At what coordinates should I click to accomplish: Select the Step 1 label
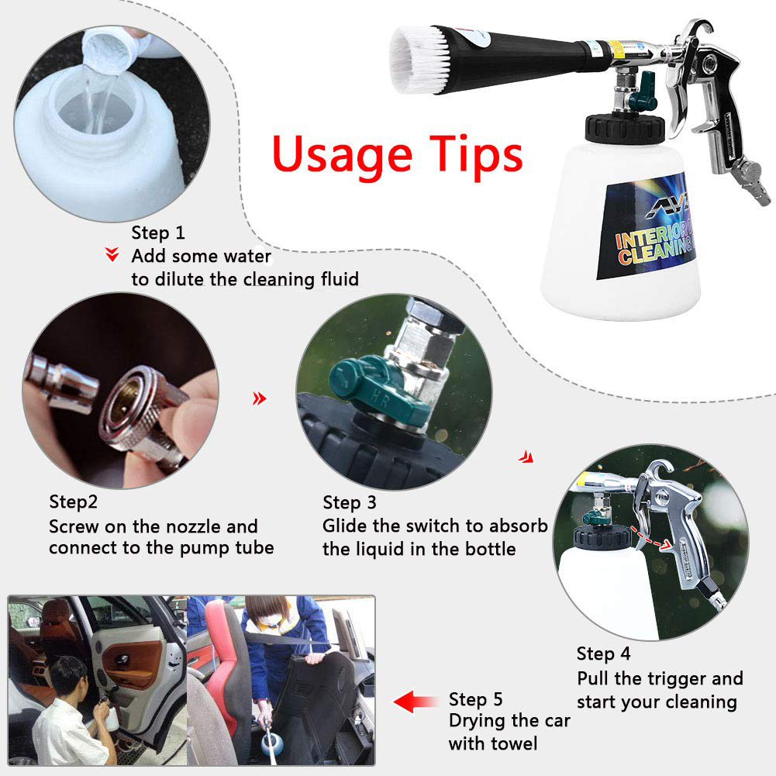click(x=158, y=233)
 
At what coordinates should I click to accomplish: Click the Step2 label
click(x=73, y=502)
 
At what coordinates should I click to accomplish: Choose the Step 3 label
click(x=350, y=503)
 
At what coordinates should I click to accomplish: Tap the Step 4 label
click(x=603, y=654)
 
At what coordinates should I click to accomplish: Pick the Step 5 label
click(x=475, y=699)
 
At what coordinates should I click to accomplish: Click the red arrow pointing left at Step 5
click(x=416, y=702)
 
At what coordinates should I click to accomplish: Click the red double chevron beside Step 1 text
click(x=112, y=254)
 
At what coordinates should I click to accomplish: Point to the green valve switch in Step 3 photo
click(x=376, y=391)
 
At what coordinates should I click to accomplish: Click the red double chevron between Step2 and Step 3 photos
click(x=260, y=398)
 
